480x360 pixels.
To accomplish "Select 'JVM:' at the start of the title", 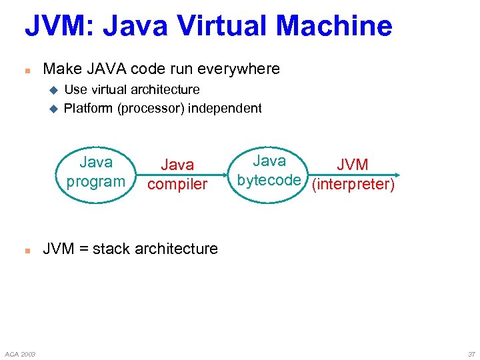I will [56, 26].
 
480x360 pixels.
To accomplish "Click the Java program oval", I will [96, 172].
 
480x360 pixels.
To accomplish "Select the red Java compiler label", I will [177, 174].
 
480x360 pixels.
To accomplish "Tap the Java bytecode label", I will [269, 171].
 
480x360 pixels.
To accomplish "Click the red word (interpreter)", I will [353, 184].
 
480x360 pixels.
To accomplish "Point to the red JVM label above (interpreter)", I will [353, 165].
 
